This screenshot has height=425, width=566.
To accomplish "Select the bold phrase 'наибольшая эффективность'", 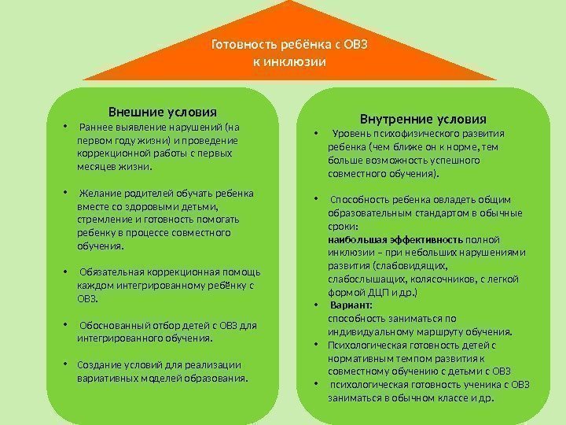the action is coord(395,238).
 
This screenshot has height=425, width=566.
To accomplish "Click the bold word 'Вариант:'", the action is coord(351,305).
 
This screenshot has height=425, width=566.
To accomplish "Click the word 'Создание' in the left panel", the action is coord(97,365).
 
